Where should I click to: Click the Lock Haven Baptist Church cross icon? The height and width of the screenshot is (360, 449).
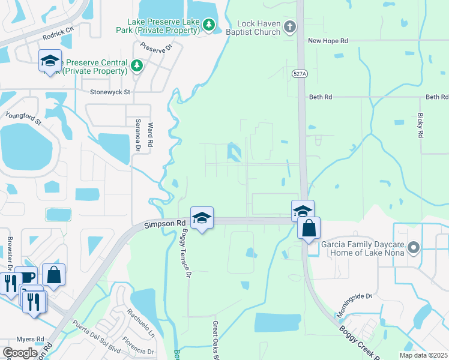(x=291, y=26)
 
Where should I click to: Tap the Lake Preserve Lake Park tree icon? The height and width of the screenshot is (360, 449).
(x=208, y=25)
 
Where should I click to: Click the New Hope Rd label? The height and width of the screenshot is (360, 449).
(x=328, y=41)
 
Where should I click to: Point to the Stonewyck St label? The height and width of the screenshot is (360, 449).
(x=110, y=92)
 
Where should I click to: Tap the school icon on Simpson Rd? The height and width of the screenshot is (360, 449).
(x=202, y=218)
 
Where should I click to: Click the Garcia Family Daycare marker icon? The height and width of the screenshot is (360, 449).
(x=412, y=247)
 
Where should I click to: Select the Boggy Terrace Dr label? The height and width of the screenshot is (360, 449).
(x=186, y=254)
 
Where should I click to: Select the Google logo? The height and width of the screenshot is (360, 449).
(x=20, y=353)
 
